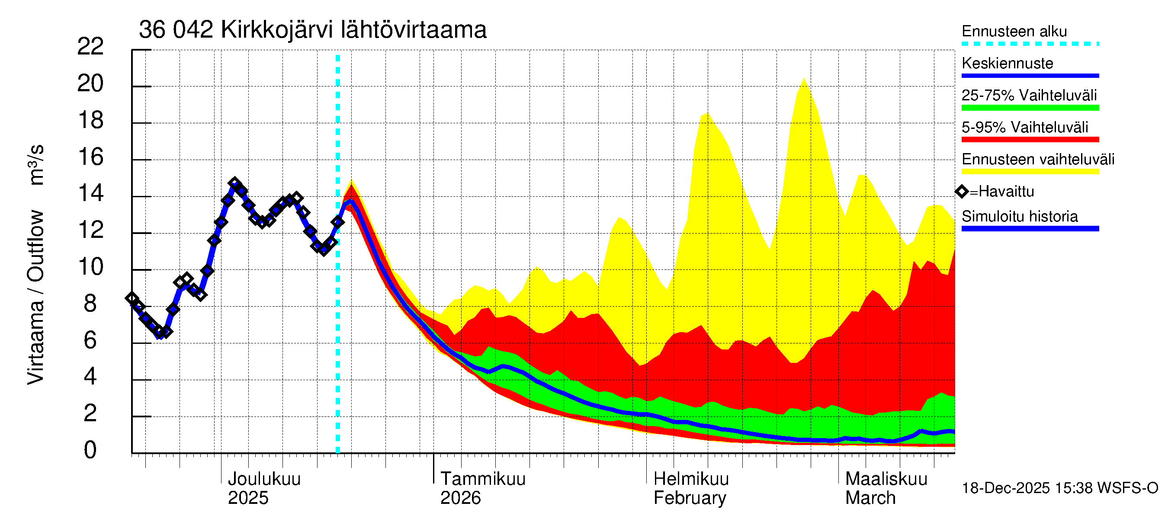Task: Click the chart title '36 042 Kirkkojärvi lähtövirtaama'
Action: coord(312,30)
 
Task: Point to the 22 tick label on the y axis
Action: coord(90,47)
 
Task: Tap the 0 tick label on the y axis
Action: coord(90,450)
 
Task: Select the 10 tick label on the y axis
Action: coord(90,267)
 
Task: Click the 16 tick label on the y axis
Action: coord(90,157)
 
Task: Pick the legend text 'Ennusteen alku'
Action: coord(1014,31)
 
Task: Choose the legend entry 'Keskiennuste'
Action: coord(1007,63)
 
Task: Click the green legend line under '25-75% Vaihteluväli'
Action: coord(1030,108)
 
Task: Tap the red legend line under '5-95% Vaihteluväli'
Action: coord(1030,140)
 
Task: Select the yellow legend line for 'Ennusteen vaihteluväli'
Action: coord(1030,172)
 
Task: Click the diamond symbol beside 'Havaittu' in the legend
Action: coord(962,192)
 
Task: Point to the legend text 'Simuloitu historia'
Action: coord(1019,216)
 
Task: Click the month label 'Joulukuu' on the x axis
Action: coord(264,479)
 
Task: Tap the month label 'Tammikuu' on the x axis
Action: coord(482,479)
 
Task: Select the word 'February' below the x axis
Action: coord(689,498)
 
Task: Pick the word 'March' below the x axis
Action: coord(870,498)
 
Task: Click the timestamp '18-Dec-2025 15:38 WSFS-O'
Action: coord(1059,488)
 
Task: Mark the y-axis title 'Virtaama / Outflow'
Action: coord(35,297)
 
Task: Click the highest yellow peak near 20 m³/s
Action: coord(804,79)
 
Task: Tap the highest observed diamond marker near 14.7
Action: coord(234,183)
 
